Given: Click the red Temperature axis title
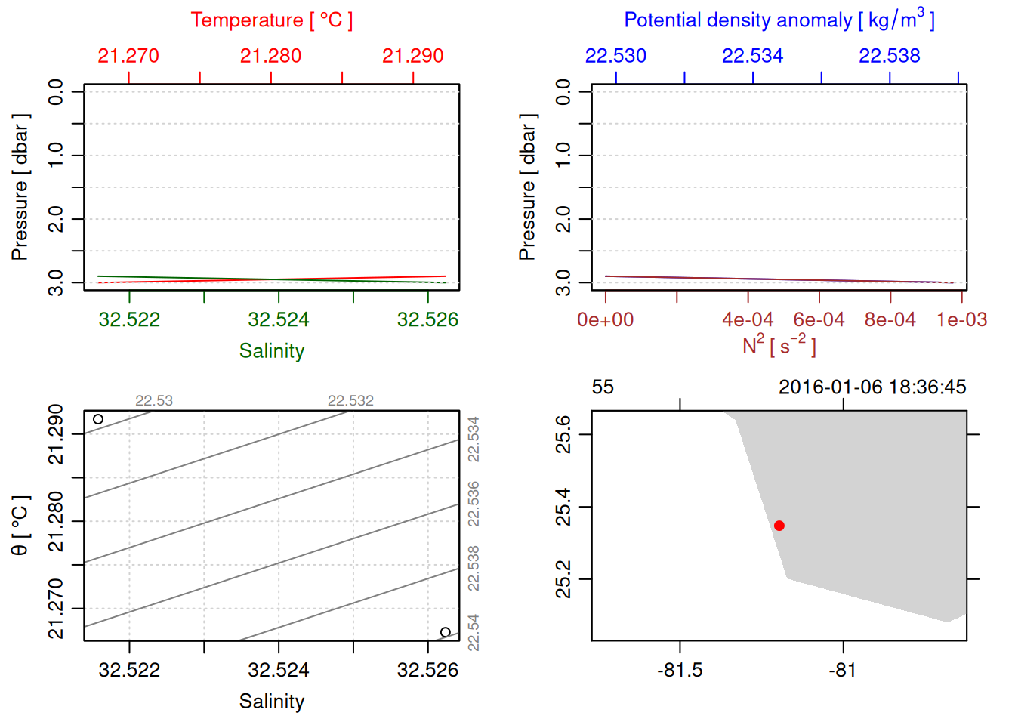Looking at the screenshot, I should pyautogui.click(x=271, y=20).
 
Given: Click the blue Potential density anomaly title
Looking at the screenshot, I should pyautogui.click(x=779, y=20).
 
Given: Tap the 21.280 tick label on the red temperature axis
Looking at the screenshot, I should pyautogui.click(x=270, y=56).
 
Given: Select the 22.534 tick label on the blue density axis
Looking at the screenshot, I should pyautogui.click(x=752, y=56).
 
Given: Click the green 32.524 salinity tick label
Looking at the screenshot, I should pyautogui.click(x=278, y=320).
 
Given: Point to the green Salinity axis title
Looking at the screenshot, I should pyautogui.click(x=271, y=351).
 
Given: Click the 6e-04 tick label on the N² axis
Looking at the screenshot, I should pyautogui.click(x=819, y=320).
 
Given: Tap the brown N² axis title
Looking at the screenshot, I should pyautogui.click(x=779, y=346).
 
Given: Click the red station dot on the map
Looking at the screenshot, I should pyautogui.click(x=779, y=526).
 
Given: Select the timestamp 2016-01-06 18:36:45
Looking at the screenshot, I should pyautogui.click(x=872, y=387).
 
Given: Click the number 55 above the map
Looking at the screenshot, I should pyautogui.click(x=603, y=387).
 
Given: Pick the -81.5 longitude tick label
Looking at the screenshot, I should pyautogui.click(x=680, y=671).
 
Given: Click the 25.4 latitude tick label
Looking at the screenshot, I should pyautogui.click(x=564, y=507).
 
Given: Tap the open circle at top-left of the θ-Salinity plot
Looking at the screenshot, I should pyautogui.click(x=98, y=419).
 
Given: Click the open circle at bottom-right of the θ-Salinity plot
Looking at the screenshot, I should pyautogui.click(x=446, y=632).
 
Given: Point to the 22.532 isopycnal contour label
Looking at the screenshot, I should pyautogui.click(x=350, y=401).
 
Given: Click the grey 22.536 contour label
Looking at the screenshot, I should pyautogui.click(x=474, y=504).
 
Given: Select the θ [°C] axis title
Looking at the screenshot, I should pyautogui.click(x=20, y=526).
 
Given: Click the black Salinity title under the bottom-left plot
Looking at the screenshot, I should pyautogui.click(x=271, y=702).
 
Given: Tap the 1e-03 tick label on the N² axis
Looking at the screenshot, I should pyautogui.click(x=961, y=320).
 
